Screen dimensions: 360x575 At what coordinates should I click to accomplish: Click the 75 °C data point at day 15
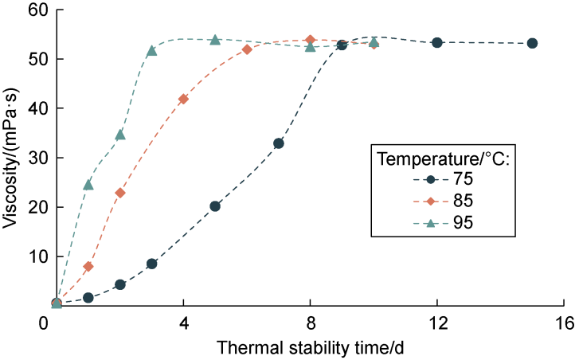(x=532, y=43)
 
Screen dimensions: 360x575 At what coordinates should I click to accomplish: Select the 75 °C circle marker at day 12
(x=437, y=42)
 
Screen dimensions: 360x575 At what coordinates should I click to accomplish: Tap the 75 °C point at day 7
(x=279, y=143)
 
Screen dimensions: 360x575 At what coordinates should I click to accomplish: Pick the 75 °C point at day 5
(x=215, y=206)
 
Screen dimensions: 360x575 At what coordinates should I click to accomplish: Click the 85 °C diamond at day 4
(x=183, y=99)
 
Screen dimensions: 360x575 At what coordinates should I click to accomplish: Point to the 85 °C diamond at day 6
(x=247, y=49)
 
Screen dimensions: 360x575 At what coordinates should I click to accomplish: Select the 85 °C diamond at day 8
(x=310, y=40)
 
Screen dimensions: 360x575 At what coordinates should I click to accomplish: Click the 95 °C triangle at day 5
(x=215, y=40)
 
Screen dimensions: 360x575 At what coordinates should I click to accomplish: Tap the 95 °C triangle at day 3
(x=151, y=51)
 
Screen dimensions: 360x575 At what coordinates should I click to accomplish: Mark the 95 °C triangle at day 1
(x=88, y=185)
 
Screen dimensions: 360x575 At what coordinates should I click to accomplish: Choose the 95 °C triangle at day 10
(x=374, y=42)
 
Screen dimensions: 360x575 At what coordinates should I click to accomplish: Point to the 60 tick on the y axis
(x=31, y=10)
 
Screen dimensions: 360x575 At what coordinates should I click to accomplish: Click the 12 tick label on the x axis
(x=437, y=324)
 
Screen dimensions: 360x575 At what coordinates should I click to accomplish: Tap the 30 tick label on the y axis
(x=31, y=158)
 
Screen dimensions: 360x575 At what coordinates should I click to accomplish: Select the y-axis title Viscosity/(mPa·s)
(x=10, y=157)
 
